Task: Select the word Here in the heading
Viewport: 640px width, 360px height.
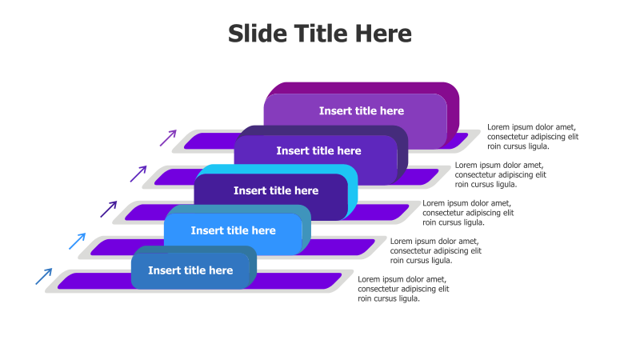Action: tap(383, 33)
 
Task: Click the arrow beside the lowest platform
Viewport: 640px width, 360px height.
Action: tap(44, 276)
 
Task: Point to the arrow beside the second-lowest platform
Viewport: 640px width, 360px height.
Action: tap(78, 242)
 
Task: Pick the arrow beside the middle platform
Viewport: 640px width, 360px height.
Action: tap(109, 209)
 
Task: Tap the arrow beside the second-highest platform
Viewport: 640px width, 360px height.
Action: tap(138, 174)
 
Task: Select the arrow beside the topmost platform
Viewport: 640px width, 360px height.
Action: tap(168, 138)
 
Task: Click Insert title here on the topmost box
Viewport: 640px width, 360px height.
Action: tap(362, 111)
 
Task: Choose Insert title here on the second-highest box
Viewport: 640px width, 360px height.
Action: tap(318, 151)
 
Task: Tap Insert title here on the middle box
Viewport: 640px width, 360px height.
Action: tap(276, 190)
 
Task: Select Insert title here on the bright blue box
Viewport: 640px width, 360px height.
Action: tap(233, 230)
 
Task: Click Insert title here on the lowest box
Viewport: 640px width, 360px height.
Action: tap(190, 270)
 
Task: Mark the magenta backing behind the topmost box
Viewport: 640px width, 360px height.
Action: tap(453, 110)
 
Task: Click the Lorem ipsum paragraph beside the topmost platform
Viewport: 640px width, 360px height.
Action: tap(533, 137)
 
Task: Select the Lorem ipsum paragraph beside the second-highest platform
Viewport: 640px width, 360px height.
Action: tap(501, 174)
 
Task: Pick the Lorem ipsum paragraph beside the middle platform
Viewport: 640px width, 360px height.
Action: tap(468, 213)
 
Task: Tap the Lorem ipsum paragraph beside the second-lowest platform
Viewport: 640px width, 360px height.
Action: tap(436, 250)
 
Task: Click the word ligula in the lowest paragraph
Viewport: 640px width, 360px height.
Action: tap(408, 298)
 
